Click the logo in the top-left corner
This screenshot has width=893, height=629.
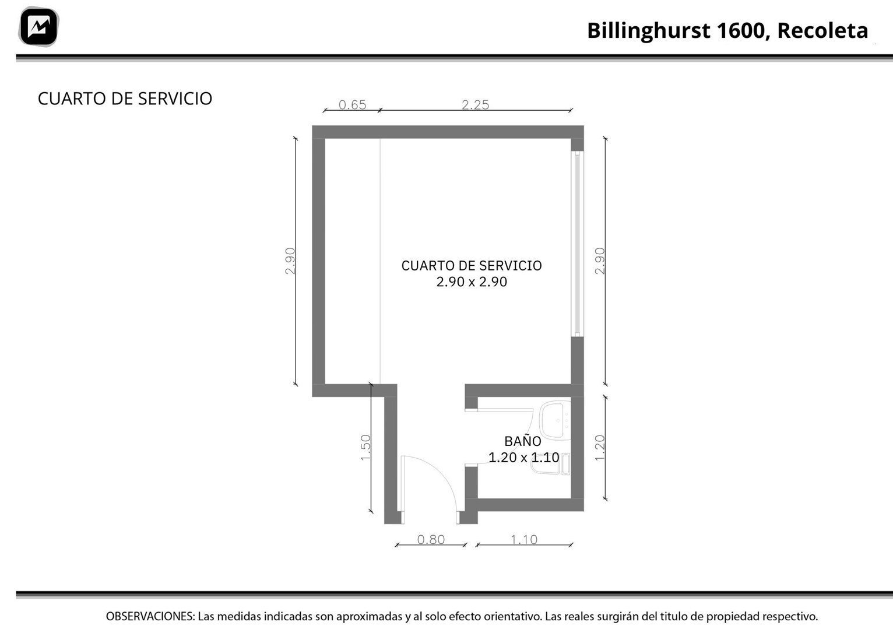pos(38,27)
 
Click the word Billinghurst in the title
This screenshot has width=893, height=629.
pos(648,30)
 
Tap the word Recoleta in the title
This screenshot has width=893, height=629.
pos(822,30)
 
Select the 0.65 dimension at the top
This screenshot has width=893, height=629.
pos(352,105)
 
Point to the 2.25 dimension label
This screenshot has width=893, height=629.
pos(475,105)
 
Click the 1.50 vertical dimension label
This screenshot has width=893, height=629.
pos(366,448)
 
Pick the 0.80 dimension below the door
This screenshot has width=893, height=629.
pos(431,540)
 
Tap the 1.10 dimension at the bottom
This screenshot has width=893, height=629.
pos(524,540)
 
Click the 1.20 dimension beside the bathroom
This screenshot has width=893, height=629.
pos(600,448)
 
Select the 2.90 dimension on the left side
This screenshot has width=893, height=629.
pos(290,261)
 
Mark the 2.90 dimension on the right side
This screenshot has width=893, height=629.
pos(600,261)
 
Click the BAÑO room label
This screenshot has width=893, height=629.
pos(523,442)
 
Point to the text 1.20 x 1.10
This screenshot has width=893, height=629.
pos(523,458)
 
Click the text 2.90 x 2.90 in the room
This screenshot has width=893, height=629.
pos(472,282)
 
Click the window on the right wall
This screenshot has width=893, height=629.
pos(577,244)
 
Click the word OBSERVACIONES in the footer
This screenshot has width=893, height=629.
pos(150,616)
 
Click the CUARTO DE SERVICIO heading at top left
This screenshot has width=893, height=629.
pos(125,99)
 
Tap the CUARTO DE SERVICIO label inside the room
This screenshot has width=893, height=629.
pos(472,266)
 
